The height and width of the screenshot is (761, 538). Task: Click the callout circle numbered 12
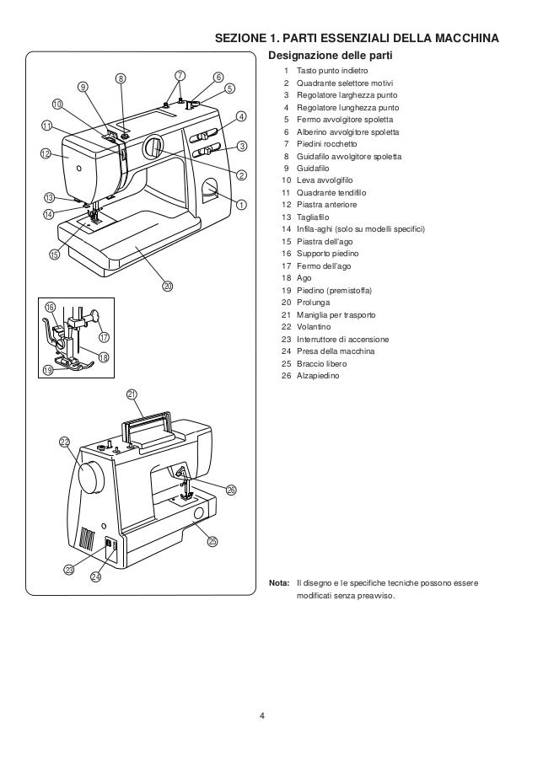[x=46, y=153]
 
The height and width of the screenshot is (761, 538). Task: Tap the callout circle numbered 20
[x=168, y=287]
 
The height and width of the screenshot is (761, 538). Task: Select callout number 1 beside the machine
[x=242, y=204]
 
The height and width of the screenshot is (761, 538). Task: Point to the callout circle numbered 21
[x=132, y=395]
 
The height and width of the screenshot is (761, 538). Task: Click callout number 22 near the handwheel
[x=65, y=442]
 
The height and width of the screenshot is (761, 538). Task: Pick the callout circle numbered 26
[x=231, y=490]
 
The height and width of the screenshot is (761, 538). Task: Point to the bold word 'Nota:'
[x=279, y=583]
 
